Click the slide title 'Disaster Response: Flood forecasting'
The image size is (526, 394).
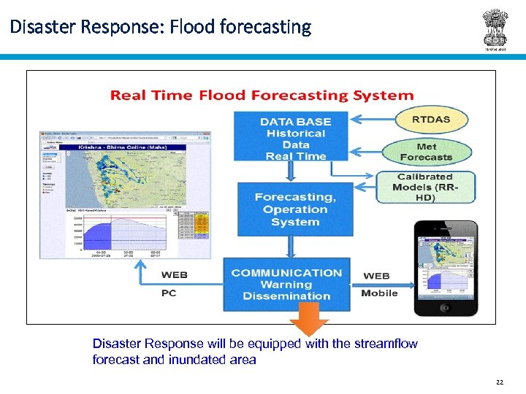tap(161, 28)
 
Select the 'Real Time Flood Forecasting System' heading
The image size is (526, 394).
tap(262, 96)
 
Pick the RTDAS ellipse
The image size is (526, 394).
tap(431, 120)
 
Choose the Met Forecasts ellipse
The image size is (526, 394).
tap(426, 152)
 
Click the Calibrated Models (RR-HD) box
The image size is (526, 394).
tap(425, 188)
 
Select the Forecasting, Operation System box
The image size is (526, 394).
tap(295, 209)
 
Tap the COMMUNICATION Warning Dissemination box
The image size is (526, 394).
tap(286, 284)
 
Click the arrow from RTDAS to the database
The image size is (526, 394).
tap(373, 118)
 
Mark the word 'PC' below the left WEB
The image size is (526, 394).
tap(168, 293)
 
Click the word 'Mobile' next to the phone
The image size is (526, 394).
tap(379, 293)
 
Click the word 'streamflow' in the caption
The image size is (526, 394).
tap(386, 344)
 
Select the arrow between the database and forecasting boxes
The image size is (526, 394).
tap(291, 171)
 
